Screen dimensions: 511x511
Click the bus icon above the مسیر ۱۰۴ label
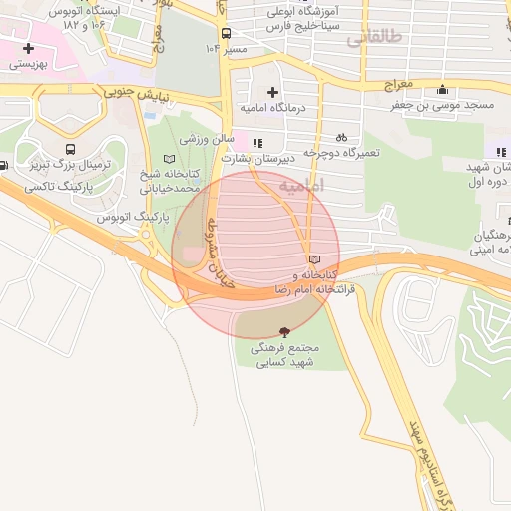coord(226,31)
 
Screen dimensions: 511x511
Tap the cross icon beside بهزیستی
coord(28,47)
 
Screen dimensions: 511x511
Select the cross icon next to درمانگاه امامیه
coord(273,92)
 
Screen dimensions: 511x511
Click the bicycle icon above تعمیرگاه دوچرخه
coord(341,137)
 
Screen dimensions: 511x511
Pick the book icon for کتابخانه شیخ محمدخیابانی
coord(168,159)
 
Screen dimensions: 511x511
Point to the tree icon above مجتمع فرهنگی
coord(286,331)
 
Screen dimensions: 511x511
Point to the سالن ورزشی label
coord(215,138)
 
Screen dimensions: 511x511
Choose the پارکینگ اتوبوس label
coord(131,217)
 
